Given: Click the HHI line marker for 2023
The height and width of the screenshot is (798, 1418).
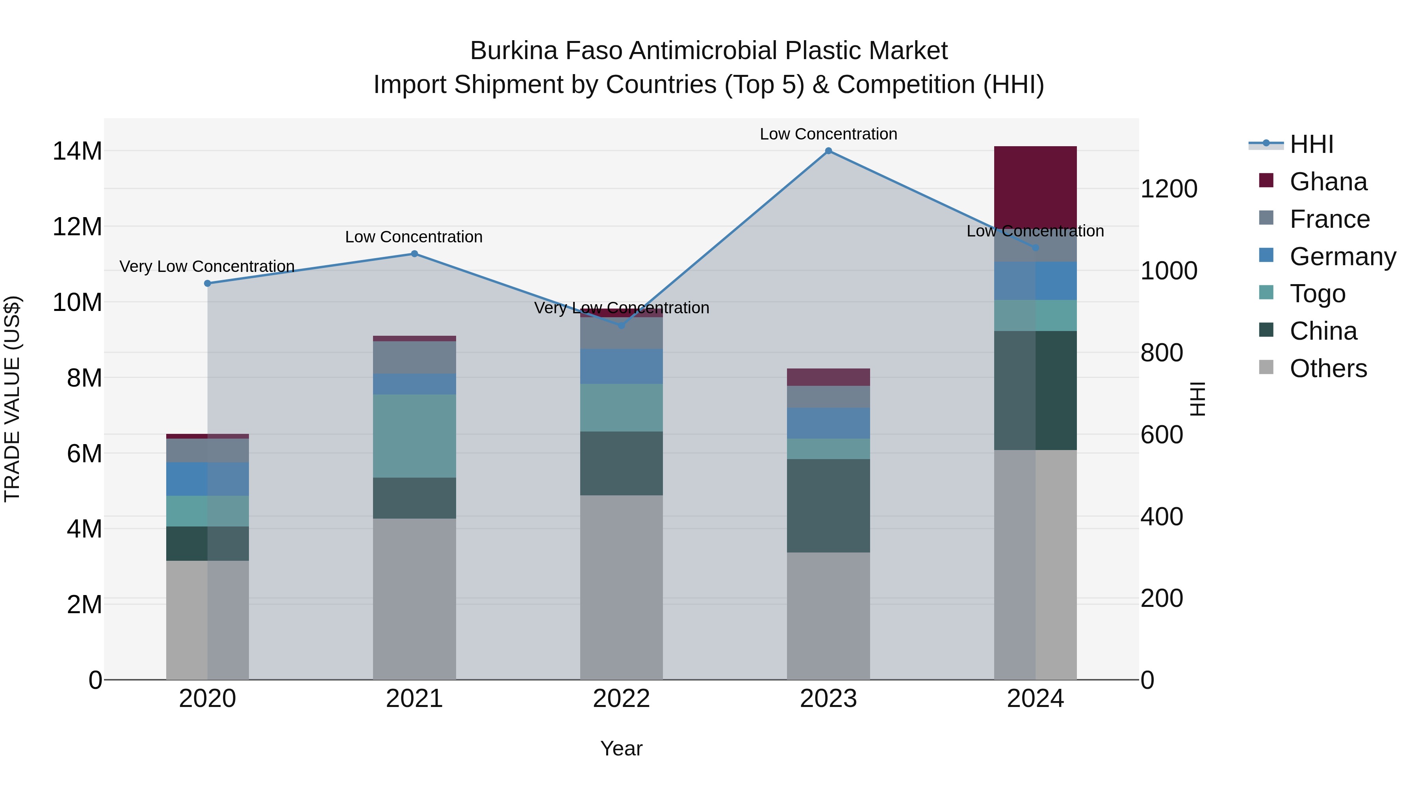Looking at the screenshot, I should pos(828,151).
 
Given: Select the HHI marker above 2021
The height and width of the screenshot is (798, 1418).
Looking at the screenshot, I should pos(414,254).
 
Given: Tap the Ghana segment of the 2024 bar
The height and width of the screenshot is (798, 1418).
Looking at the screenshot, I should pos(1035,187).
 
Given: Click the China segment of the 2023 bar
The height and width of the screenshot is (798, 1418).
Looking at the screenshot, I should pos(828,506).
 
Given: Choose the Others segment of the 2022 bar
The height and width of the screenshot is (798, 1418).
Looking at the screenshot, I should pos(622,587).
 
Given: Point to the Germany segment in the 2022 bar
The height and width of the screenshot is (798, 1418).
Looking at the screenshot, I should pos(622,366).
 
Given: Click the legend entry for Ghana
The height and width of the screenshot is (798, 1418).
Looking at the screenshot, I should pos(1328,182).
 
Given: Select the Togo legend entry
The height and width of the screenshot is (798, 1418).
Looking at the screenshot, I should pos(1317,294).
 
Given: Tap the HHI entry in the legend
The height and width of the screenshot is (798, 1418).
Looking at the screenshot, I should pos(1311,144).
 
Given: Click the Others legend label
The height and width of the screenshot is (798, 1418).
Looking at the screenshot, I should pos(1328,368).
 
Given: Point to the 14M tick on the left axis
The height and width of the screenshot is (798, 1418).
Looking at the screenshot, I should pos(77,151).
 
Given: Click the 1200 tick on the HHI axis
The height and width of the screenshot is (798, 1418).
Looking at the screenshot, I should pos(1169,189).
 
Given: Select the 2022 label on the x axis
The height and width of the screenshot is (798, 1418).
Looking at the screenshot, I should pos(622,699).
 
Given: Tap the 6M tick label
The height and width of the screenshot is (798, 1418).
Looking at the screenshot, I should pos(84,454).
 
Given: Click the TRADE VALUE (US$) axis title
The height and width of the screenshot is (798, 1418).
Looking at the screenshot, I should pos(13,399).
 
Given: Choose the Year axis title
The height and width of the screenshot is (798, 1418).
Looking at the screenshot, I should pos(622,748).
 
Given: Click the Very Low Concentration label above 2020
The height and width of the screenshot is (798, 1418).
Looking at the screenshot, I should pos(207,266).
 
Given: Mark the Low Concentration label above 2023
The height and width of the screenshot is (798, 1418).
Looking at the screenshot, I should pos(828,134).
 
